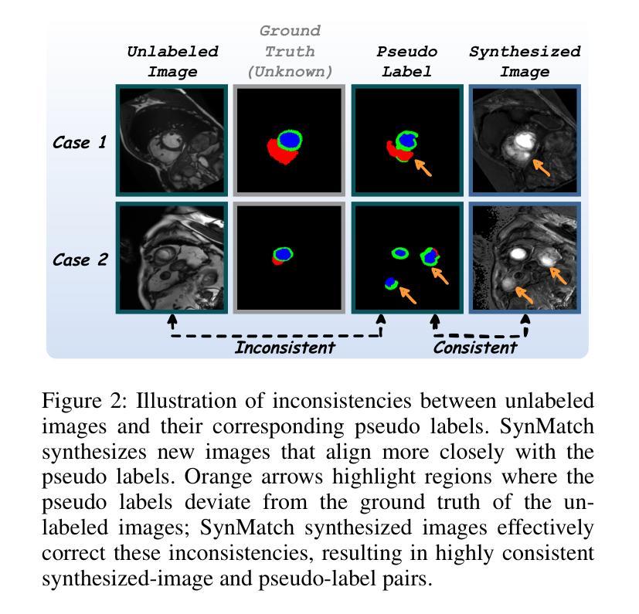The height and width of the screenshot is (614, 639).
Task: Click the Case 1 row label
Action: (80, 143)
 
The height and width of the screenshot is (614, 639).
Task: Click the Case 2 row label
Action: (80, 260)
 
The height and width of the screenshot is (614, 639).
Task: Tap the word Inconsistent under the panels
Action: (285, 348)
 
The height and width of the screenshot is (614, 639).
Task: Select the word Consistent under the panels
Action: (475, 348)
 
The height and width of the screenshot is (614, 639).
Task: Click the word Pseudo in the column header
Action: (406, 52)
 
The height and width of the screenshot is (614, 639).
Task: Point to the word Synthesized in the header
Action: (525, 52)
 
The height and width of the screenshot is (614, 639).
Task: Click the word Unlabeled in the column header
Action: (173, 52)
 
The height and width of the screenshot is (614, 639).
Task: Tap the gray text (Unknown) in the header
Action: (291, 72)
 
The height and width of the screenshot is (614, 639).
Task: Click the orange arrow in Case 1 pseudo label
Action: (423, 168)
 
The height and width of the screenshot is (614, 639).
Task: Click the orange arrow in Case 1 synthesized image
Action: (541, 168)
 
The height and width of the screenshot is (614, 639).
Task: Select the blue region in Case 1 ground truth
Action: (289, 139)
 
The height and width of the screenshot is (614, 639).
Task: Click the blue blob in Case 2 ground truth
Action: (283, 255)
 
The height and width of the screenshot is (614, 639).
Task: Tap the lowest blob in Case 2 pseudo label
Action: (391, 283)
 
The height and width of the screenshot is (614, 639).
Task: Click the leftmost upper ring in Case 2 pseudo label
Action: (400, 253)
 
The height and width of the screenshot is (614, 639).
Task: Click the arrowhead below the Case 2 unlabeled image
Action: (172, 319)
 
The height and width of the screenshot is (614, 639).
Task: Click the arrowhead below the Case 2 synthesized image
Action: (525, 319)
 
